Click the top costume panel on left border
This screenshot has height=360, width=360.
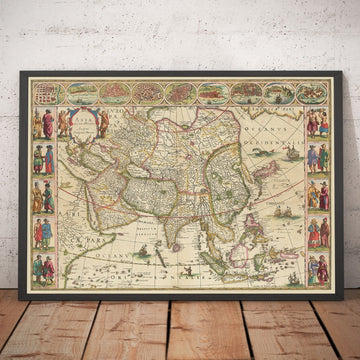click(x=43, y=124)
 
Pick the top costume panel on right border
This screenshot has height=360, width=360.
click(x=317, y=124)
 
